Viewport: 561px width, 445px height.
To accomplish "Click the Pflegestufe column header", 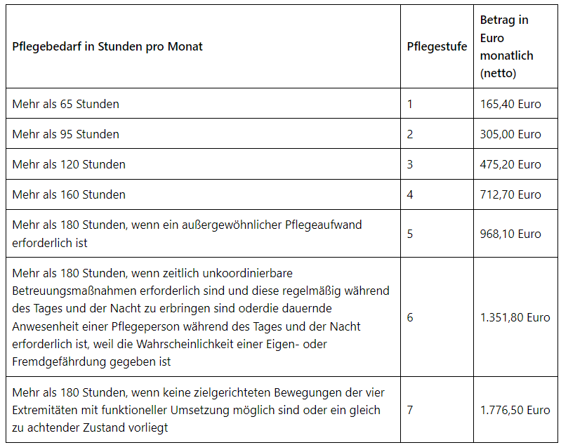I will click(437, 47).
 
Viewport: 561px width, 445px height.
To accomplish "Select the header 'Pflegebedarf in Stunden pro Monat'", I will click(107, 47).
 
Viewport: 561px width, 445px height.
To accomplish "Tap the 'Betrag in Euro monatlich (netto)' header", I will click(506, 46).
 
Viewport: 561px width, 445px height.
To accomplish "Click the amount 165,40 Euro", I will click(510, 104).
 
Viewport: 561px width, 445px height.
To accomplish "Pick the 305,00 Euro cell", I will click(510, 134).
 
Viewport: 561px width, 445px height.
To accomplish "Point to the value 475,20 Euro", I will click(510, 164).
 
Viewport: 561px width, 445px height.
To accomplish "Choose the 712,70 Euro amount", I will click(510, 194).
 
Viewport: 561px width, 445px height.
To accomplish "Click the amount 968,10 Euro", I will click(510, 234).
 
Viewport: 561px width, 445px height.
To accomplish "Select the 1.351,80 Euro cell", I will click(515, 317).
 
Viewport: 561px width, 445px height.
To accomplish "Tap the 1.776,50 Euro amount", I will click(515, 410).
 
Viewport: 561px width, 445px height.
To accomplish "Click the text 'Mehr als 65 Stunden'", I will click(66, 104).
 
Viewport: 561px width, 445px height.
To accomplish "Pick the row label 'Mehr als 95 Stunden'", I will click(66, 134).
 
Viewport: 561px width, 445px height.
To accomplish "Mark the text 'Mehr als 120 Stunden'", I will click(69, 164).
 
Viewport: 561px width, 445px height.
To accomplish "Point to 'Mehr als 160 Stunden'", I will click(69, 194).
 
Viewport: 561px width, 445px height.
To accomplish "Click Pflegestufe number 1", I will click(410, 104).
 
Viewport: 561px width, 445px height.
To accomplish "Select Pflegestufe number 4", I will click(410, 194).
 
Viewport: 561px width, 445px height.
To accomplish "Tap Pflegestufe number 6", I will click(410, 317).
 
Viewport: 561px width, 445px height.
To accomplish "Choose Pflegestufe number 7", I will click(410, 410).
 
